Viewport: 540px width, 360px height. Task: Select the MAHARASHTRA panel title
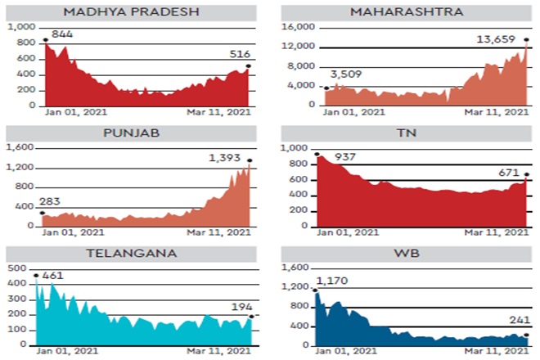point(406,11)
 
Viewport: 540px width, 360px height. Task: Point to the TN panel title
point(406,133)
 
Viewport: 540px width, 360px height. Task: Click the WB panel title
point(406,253)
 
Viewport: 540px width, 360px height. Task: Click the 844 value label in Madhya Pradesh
point(62,34)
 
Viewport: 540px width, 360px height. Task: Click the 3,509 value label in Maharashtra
point(346,75)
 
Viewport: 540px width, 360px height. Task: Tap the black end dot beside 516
point(248,66)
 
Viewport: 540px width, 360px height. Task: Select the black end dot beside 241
point(527,335)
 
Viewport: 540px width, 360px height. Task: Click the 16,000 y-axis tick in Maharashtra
point(299,27)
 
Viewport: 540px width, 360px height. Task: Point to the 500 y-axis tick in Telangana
point(16,268)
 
